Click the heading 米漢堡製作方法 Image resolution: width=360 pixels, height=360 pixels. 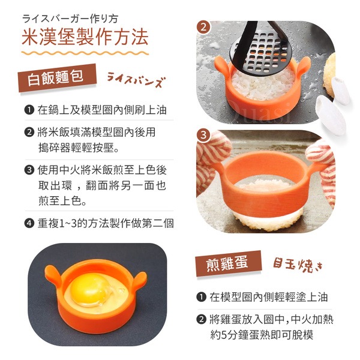click(85, 37)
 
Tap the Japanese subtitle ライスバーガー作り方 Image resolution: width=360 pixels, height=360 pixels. click(70, 19)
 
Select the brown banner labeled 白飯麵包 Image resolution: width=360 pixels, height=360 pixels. click(57, 77)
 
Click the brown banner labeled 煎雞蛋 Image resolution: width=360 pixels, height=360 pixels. click(228, 263)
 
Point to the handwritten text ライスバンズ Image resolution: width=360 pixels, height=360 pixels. click(136, 80)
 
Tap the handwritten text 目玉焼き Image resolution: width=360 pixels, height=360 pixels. click(298, 265)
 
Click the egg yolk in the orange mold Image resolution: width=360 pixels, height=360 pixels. click(89, 289)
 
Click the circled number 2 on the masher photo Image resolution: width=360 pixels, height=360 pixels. click(203, 27)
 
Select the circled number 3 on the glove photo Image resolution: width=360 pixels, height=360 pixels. click(203, 135)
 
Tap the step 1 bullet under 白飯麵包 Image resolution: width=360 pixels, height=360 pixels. click(29, 110)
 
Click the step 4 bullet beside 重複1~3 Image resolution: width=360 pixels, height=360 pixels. click(29, 223)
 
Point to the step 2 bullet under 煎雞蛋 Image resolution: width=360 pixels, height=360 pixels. click(202, 319)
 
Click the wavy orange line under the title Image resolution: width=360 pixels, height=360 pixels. click(85, 53)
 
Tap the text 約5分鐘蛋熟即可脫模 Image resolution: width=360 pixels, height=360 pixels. click(262, 335)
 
